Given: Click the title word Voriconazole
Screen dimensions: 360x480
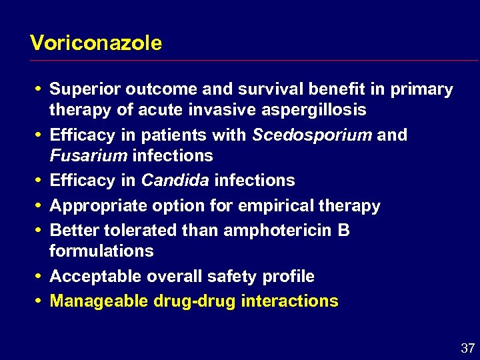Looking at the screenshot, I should (96, 43).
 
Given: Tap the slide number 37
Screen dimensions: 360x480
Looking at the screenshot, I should (467, 348).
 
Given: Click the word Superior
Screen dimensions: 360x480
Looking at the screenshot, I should (81, 89).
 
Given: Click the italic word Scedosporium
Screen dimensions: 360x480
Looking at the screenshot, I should (312, 135).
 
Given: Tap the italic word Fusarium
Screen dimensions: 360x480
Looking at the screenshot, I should (89, 155).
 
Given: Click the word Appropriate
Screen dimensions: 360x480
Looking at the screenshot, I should (95, 206).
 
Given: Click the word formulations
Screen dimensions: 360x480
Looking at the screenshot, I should (101, 251).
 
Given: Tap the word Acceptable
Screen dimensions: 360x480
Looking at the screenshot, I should (92, 276).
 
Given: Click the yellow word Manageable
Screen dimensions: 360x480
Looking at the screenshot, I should (99, 301).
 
